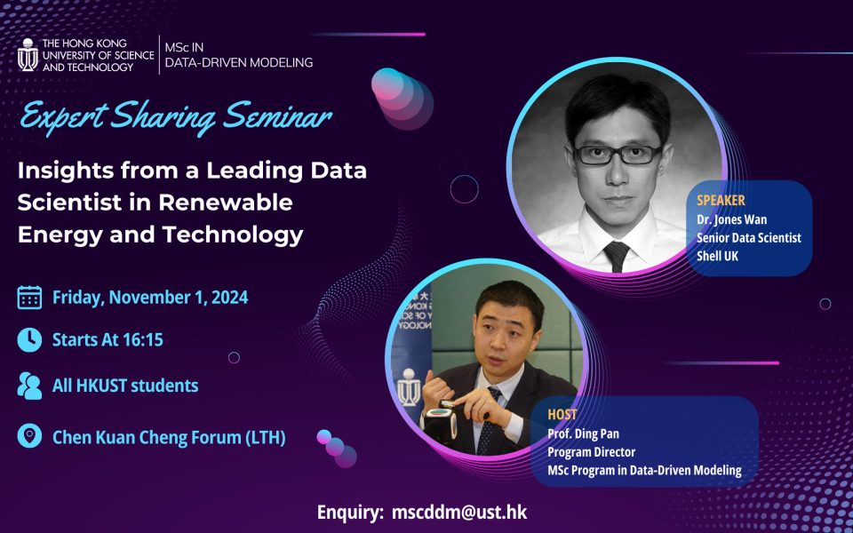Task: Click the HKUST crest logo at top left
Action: pyautogui.click(x=28, y=54)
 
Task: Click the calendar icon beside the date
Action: pyautogui.click(x=29, y=298)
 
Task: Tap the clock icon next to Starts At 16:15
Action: pyautogui.click(x=29, y=340)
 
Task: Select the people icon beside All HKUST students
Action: pyautogui.click(x=29, y=386)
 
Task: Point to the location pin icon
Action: pyautogui.click(x=29, y=436)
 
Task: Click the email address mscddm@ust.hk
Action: pyautogui.click(x=459, y=513)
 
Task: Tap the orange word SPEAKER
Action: pyautogui.click(x=721, y=200)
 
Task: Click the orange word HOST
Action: pyautogui.click(x=562, y=415)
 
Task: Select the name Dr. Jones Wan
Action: pyautogui.click(x=731, y=219)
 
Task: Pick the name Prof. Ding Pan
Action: pyautogui.click(x=583, y=434)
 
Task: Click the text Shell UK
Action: pyautogui.click(x=718, y=256)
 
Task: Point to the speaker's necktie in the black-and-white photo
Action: pyautogui.click(x=617, y=256)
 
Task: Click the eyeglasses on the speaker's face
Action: pyautogui.click(x=618, y=155)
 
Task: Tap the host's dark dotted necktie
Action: pyautogui.click(x=487, y=420)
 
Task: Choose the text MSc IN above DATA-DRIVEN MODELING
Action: pyautogui.click(x=185, y=47)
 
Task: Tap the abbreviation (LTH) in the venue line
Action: pyautogui.click(x=266, y=437)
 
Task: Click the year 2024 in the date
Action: pyautogui.click(x=229, y=298)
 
